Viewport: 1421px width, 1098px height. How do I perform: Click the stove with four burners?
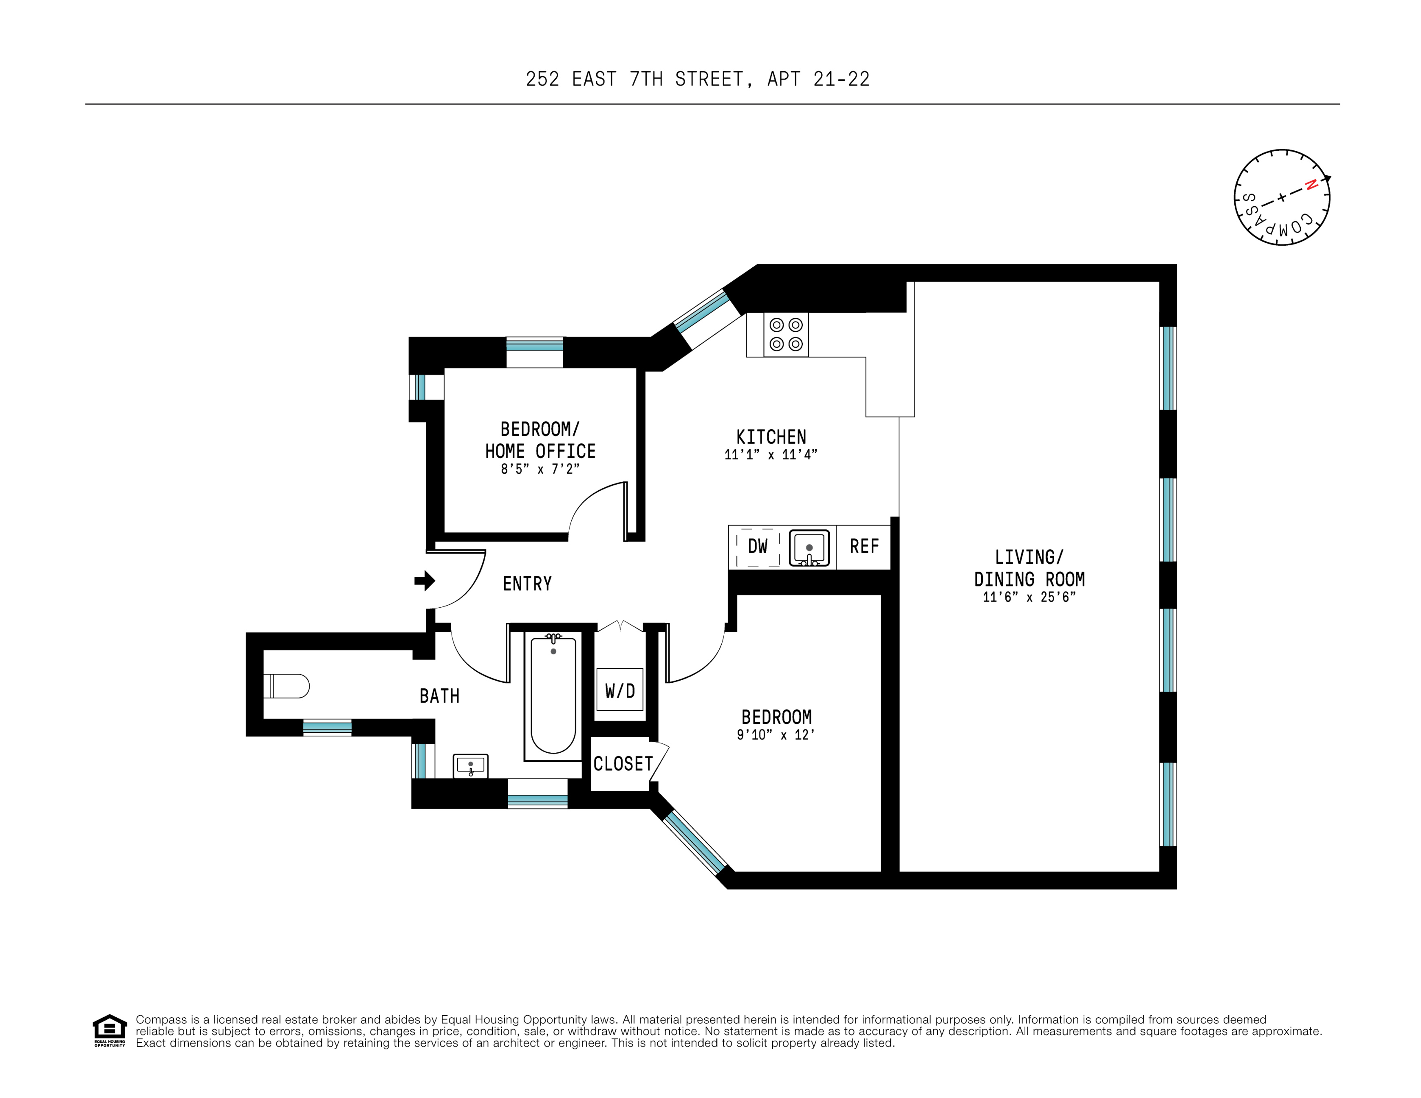[x=786, y=335]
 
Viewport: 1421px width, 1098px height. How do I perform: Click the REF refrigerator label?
[x=864, y=547]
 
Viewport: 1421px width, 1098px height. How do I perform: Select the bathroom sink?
[x=470, y=766]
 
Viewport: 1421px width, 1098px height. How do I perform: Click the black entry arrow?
[x=425, y=580]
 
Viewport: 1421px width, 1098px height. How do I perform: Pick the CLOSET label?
[x=623, y=763]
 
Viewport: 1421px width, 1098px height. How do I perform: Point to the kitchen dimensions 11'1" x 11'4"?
[x=770, y=455]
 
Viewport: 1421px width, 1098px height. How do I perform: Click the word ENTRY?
[x=527, y=584]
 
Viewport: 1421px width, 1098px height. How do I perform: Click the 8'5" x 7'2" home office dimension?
[x=540, y=469]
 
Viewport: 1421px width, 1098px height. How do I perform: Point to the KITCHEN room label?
[x=771, y=437]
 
